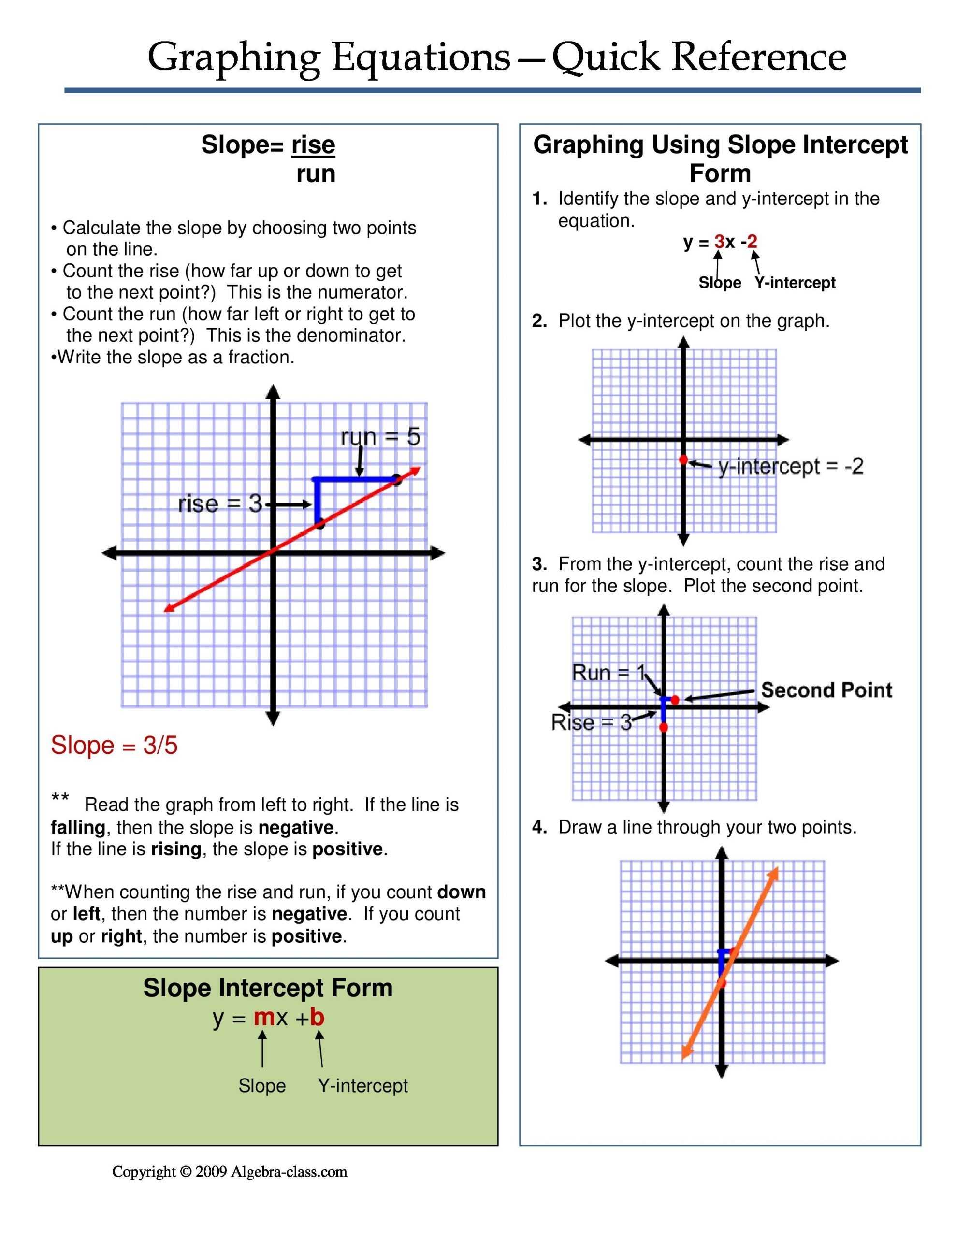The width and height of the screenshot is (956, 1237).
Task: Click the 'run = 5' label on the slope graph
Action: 380,437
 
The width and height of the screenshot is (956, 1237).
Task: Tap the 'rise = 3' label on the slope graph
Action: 220,503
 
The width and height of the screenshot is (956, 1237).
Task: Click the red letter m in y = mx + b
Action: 264,1017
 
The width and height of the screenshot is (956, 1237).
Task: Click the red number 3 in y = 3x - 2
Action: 719,242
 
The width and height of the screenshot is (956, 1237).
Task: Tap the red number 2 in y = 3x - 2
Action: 752,242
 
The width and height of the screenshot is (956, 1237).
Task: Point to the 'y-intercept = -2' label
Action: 791,466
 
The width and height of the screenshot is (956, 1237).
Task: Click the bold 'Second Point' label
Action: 826,690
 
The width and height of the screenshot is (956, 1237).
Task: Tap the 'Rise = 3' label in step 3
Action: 591,722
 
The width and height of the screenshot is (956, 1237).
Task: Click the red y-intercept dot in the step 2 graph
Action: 683,460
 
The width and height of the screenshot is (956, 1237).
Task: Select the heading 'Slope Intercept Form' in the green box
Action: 267,988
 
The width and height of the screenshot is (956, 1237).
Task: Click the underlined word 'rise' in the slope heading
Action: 313,145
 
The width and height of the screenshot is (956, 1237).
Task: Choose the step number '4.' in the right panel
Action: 539,828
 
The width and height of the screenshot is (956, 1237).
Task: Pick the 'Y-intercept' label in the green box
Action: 362,1086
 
